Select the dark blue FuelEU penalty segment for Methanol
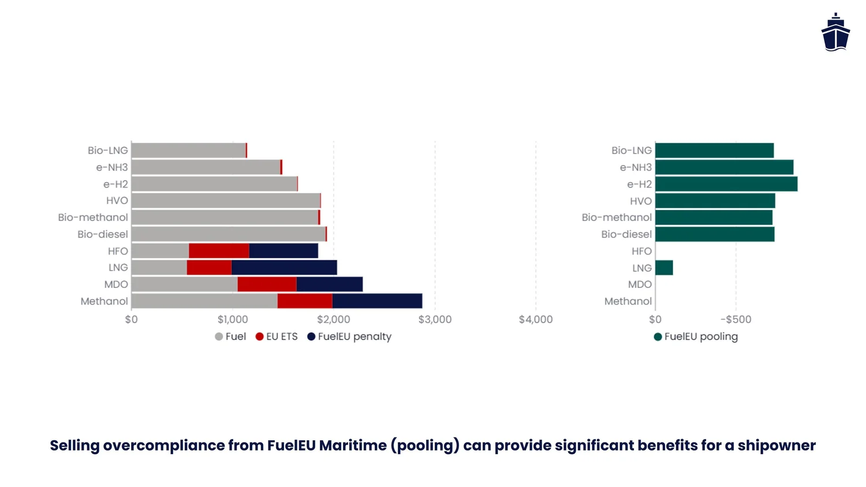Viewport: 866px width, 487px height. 377,301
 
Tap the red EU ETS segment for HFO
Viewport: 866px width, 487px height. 219,251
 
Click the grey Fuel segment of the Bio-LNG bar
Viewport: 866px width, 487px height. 188,151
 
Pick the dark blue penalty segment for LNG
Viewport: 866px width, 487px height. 284,268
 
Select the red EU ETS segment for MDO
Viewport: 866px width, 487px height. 267,284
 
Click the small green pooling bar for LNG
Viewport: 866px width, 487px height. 664,268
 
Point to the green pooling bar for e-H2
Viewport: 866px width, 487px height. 726,184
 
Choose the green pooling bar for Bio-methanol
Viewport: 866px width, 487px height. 714,218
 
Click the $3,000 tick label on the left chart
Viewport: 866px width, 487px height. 435,320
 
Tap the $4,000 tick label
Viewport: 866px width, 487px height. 536,320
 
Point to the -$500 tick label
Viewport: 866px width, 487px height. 736,320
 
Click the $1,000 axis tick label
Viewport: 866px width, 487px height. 233,320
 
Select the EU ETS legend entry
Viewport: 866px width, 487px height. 277,336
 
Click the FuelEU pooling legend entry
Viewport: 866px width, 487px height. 696,336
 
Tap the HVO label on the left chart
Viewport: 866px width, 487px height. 117,201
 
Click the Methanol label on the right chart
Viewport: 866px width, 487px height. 628,301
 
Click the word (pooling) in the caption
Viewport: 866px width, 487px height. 425,445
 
